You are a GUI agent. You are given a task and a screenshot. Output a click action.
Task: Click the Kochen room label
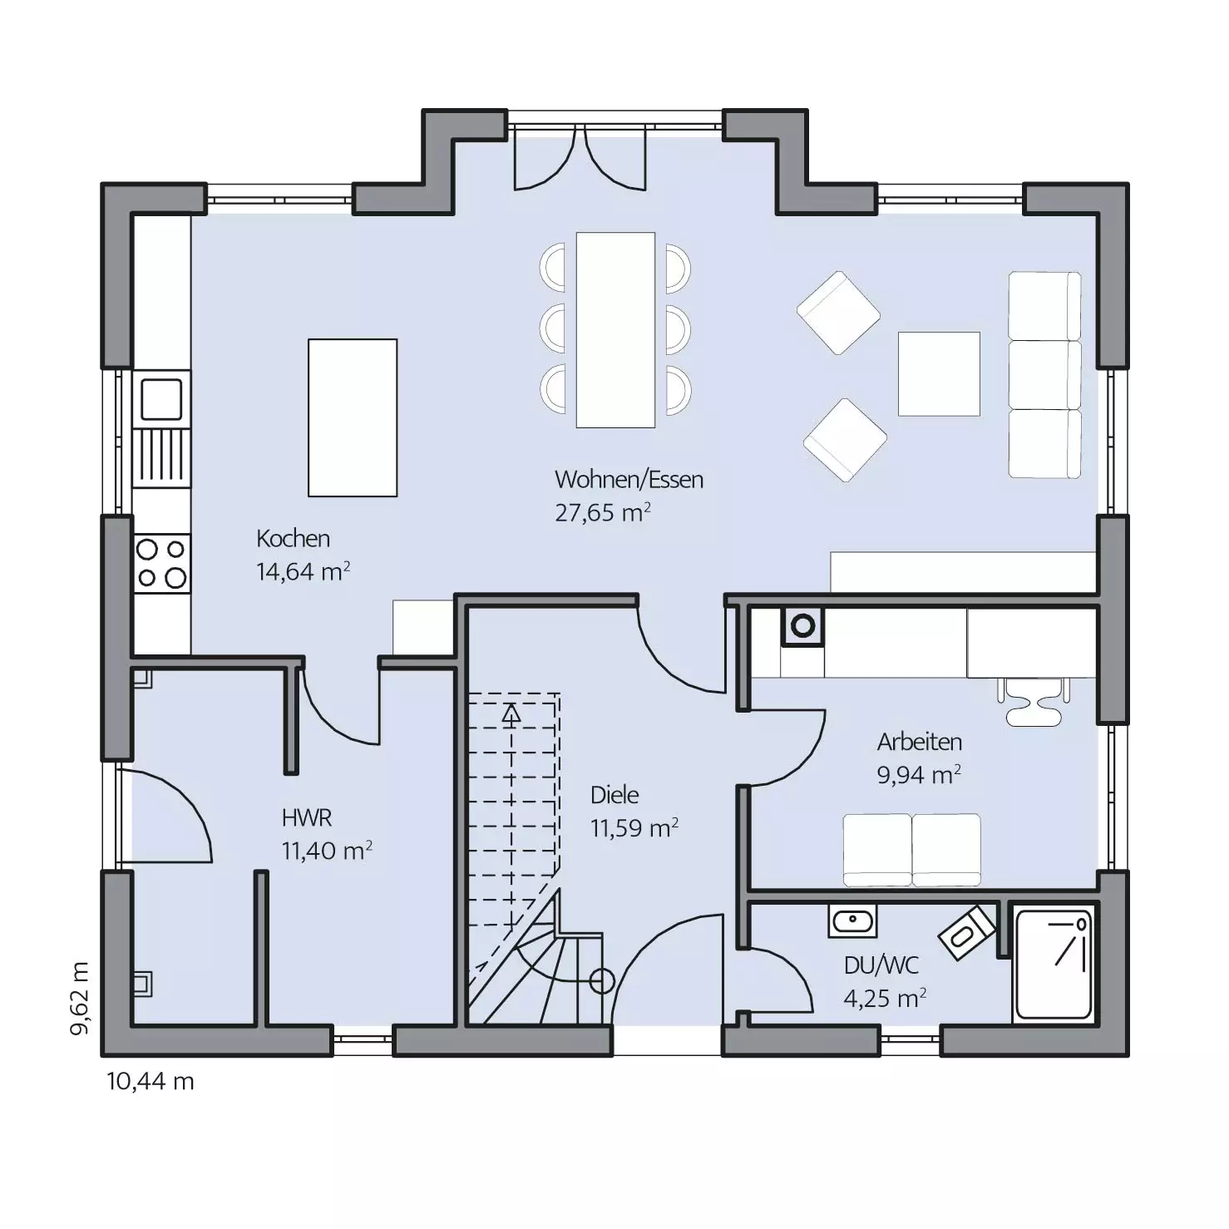[x=293, y=539]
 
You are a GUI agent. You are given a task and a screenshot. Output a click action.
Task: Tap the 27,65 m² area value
[x=603, y=512]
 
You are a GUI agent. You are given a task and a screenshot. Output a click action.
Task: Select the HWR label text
[x=307, y=818]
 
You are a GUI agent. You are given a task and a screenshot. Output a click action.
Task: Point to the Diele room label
[x=614, y=795]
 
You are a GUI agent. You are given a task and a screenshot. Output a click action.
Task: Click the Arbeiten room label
[x=920, y=742]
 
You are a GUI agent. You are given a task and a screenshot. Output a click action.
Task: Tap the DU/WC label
[x=881, y=965]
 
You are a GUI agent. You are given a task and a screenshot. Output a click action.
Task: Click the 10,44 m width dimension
[x=151, y=1081]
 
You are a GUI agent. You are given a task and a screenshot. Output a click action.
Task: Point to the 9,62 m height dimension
[x=79, y=999]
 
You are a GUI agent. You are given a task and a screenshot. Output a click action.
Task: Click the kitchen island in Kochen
[x=353, y=417]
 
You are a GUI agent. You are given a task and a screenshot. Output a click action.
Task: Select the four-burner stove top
[x=162, y=563]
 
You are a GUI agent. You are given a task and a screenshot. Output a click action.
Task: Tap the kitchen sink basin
[x=161, y=399]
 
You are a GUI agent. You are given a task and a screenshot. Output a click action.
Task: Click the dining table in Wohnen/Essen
[x=615, y=330]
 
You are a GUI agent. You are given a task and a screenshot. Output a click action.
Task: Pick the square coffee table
[x=939, y=373]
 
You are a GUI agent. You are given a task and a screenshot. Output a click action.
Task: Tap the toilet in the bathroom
[x=967, y=932]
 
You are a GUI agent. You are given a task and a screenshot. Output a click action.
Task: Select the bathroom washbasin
[x=852, y=921]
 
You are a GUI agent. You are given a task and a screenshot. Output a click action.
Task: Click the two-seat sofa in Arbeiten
[x=912, y=850]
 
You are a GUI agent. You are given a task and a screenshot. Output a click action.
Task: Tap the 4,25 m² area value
[x=886, y=998]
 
